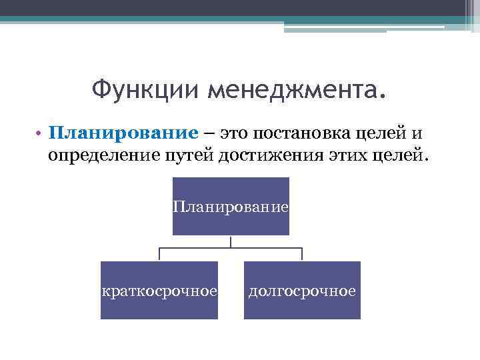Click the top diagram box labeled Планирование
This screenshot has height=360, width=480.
pos(231,207)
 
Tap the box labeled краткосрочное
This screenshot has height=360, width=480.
pos(159,291)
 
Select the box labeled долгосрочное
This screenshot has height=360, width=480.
pos(302,291)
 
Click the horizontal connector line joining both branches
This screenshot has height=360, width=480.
pos(231,249)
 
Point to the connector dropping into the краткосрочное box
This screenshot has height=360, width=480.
pos(159,255)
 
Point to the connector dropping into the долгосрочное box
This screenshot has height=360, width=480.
pos(302,255)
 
